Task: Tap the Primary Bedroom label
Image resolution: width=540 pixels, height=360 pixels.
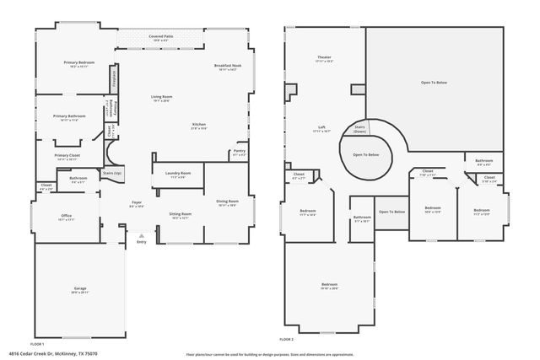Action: click(79, 62)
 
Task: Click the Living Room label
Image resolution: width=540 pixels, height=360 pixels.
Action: click(162, 98)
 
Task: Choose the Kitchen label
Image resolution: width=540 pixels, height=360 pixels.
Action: click(199, 125)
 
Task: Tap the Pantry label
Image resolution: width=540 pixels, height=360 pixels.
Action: click(239, 151)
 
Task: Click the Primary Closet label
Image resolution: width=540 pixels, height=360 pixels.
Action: click(67, 155)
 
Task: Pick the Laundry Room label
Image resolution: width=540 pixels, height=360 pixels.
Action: click(179, 174)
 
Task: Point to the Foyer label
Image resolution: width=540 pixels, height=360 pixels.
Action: click(135, 202)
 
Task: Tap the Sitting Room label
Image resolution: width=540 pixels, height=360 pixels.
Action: click(180, 214)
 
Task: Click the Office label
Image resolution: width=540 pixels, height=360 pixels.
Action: click(66, 216)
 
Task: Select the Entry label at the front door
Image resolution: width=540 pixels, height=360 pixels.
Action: click(141, 242)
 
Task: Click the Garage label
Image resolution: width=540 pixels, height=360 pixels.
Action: click(79, 288)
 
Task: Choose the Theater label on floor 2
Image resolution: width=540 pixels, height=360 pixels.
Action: click(324, 57)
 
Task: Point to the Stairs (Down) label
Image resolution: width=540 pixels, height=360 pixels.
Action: click(359, 129)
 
